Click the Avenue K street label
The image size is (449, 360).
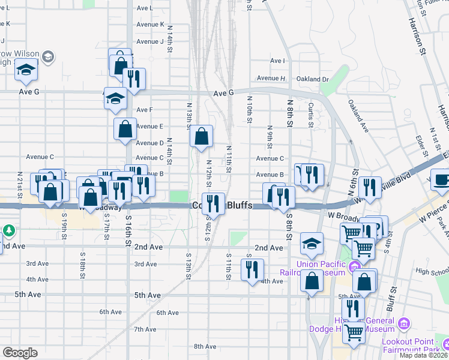(150, 24)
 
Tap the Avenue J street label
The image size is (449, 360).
(149, 41)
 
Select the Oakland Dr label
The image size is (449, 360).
(313, 79)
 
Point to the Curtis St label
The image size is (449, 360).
(311, 115)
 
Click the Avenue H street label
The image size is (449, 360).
(271, 78)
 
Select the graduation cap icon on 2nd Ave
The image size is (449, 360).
(312, 243)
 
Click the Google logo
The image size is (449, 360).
(20, 353)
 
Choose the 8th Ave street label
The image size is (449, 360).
(205, 346)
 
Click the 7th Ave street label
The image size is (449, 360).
(145, 329)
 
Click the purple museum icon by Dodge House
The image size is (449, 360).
(404, 324)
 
